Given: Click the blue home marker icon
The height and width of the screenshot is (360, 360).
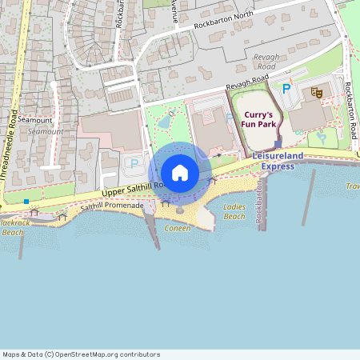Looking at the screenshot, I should point(180,172).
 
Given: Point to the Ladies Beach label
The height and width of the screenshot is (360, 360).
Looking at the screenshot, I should point(234,212).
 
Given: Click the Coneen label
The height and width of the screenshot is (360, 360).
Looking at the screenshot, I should point(178,228).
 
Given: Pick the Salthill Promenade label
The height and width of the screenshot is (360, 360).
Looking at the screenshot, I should point(112,206).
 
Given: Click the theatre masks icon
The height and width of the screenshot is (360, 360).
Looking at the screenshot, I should point(316,93).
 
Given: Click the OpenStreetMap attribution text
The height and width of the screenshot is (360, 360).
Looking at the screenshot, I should point(81,354).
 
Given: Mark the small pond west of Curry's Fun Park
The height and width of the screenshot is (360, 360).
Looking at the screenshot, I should point(164,122).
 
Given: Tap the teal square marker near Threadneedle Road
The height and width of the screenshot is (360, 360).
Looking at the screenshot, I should point(26,202).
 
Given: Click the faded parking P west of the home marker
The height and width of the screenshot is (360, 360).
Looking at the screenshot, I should point(134,163).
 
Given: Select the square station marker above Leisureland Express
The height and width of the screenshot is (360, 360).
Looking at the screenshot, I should point(278,146).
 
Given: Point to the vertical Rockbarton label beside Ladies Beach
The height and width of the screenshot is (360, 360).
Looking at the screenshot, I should point(259,206).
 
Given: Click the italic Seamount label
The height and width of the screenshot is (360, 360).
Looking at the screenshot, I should point(45,131).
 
